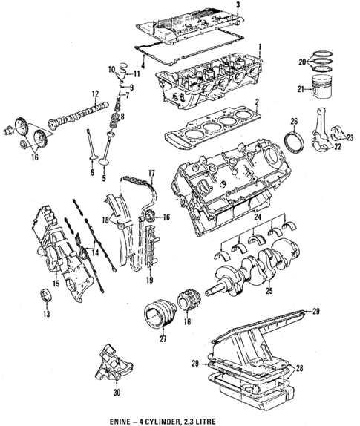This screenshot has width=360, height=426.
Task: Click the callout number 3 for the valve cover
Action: (x=238, y=5)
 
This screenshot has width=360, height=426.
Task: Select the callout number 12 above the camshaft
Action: (x=95, y=94)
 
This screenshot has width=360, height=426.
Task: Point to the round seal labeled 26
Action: (x=295, y=140)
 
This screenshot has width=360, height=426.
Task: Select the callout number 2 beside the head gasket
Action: (x=256, y=104)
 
